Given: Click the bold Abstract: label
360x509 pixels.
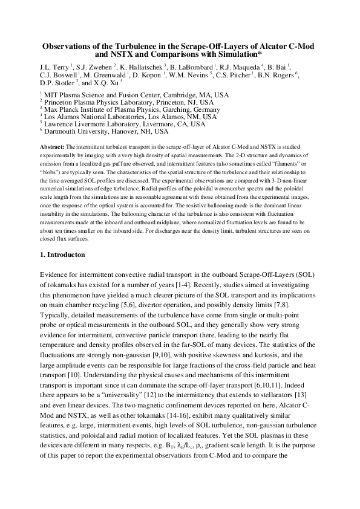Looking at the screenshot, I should click(x=51, y=147).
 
